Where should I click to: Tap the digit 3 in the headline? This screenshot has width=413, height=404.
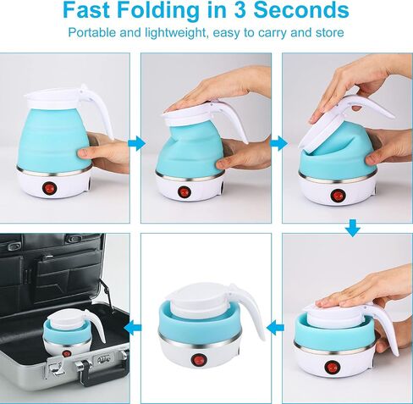[x=241, y=10]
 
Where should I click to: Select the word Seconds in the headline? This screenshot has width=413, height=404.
[x=301, y=10]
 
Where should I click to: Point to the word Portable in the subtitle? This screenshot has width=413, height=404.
[x=92, y=32]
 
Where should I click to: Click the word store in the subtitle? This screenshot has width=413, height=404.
[x=330, y=32]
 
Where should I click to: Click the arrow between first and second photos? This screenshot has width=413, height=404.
[x=136, y=143]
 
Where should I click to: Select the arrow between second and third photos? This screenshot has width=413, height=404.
[x=278, y=143]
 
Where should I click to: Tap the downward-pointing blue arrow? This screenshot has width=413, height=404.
[x=353, y=228]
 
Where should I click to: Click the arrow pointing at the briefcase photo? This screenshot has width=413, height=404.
[x=133, y=328]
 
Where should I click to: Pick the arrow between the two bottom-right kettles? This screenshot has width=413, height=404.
[x=275, y=328]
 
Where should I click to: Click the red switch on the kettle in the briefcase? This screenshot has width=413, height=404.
[x=66, y=353]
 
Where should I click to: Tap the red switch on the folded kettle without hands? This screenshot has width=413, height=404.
[x=197, y=360]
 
